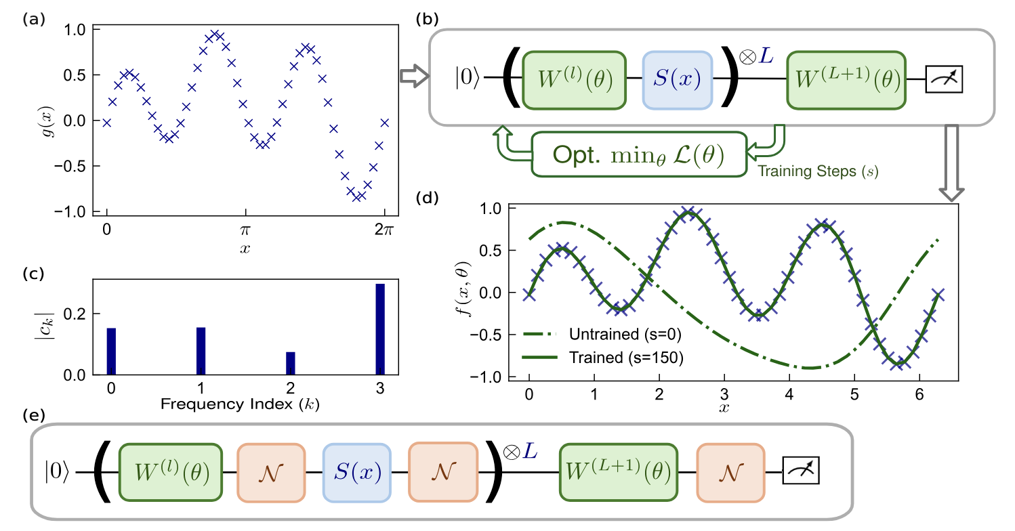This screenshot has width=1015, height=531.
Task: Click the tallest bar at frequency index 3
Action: (380, 328)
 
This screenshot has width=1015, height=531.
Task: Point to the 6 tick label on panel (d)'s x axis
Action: (918, 394)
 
